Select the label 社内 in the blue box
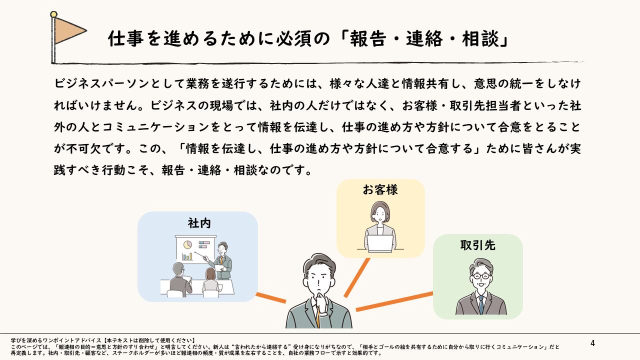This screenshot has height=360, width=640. pyautogui.click(x=198, y=223)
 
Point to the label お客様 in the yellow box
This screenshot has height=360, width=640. pyautogui.click(x=380, y=190)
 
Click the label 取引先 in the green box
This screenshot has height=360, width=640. pyautogui.click(x=477, y=245)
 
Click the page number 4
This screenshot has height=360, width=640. pyautogui.click(x=592, y=343)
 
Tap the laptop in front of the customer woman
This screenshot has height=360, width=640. pyautogui.click(x=380, y=242)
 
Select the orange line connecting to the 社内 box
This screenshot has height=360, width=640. pyautogui.click(x=270, y=297)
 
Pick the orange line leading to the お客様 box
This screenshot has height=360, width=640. pyautogui.click(x=357, y=277)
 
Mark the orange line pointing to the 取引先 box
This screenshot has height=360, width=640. pyautogui.click(x=395, y=301)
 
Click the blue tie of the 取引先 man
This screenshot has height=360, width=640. pyautogui.click(x=480, y=304)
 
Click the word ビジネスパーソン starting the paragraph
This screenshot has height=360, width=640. pyautogui.click(x=102, y=83)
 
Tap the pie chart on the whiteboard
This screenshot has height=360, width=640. pyautogui.click(x=188, y=245)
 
